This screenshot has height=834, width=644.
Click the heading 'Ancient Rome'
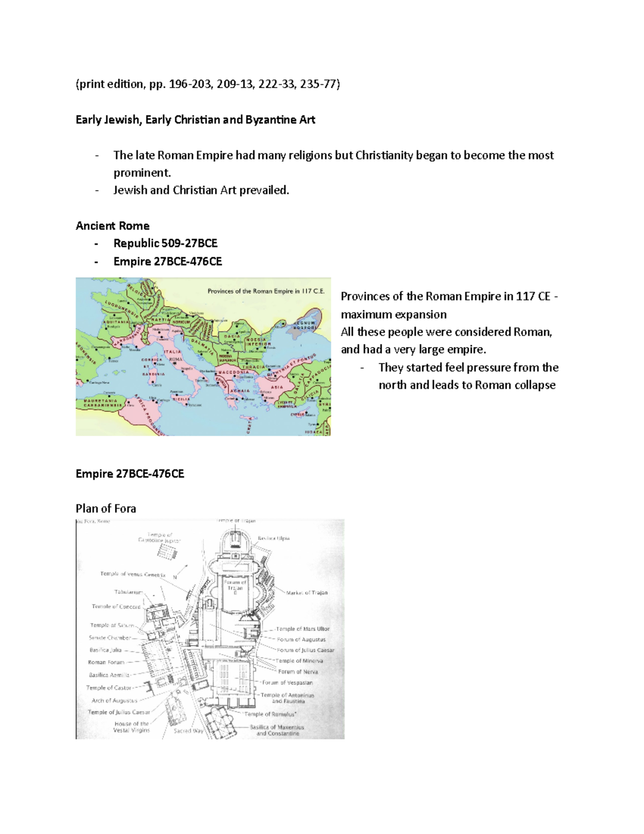point(112,226)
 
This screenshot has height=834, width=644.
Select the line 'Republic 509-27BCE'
point(165,243)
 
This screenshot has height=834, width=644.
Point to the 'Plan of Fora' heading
point(106,509)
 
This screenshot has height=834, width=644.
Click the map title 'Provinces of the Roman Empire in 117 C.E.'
point(266,292)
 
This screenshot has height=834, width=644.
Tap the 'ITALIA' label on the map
point(174,352)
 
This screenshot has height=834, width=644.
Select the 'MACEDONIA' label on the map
point(233,372)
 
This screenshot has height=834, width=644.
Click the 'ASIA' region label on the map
point(277,387)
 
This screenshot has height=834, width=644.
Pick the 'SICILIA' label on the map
point(181,400)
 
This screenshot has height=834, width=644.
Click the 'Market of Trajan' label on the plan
point(306,593)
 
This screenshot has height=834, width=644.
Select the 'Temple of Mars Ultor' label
point(303,629)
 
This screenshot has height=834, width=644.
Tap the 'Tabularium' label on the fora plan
point(128,592)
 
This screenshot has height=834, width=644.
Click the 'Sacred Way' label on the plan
point(188,731)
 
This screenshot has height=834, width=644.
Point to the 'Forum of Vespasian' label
point(287,683)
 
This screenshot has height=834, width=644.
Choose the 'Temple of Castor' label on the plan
point(109,687)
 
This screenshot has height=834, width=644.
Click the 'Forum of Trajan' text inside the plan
point(235,585)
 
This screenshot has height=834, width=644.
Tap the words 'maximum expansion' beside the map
point(393,315)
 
